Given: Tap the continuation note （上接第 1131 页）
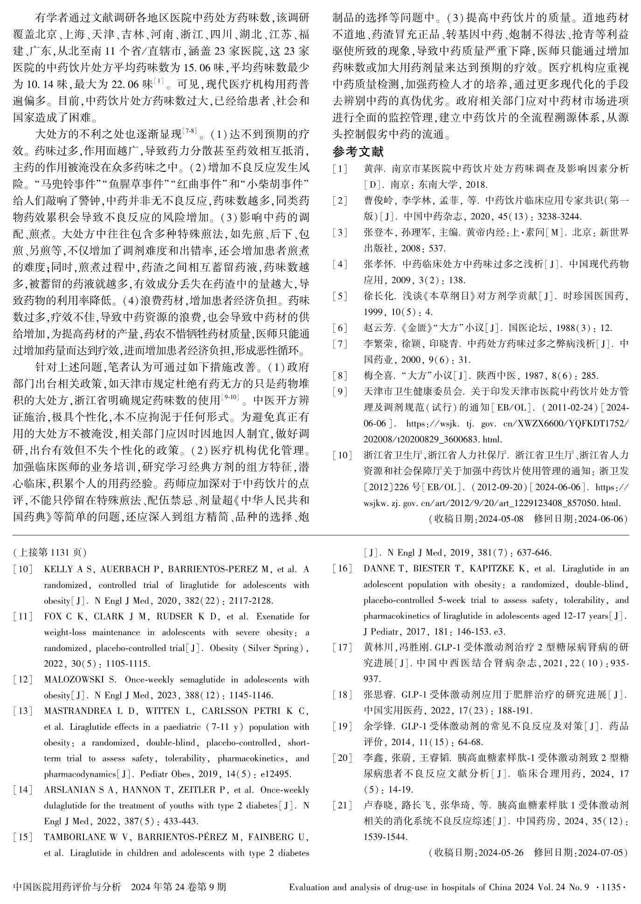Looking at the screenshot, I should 50,553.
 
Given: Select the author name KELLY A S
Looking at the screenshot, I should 62,569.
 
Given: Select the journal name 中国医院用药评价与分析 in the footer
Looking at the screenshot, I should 67,886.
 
